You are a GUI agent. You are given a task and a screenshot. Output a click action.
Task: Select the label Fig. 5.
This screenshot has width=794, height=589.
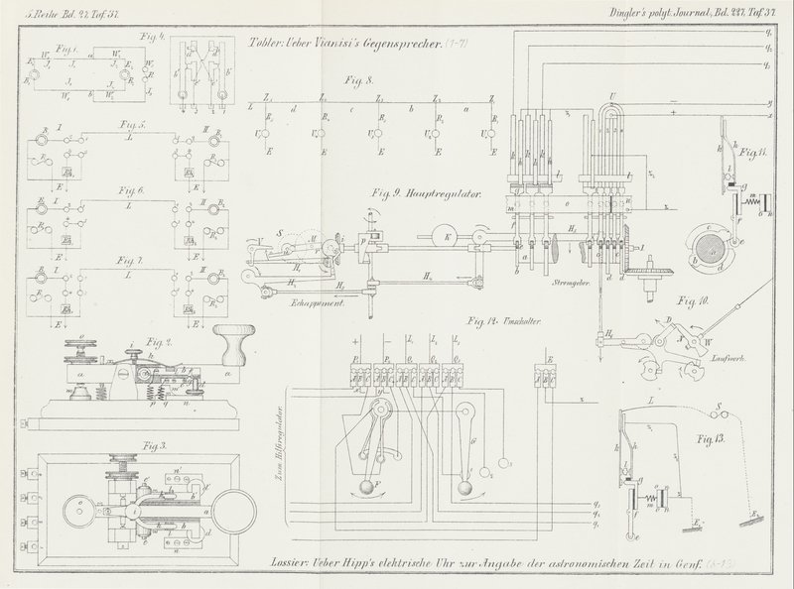click(x=127, y=126)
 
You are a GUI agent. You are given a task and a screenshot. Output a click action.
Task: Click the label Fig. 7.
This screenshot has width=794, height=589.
click(x=127, y=260)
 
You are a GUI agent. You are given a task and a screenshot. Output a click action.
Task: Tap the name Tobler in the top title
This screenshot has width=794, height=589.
click(x=260, y=44)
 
